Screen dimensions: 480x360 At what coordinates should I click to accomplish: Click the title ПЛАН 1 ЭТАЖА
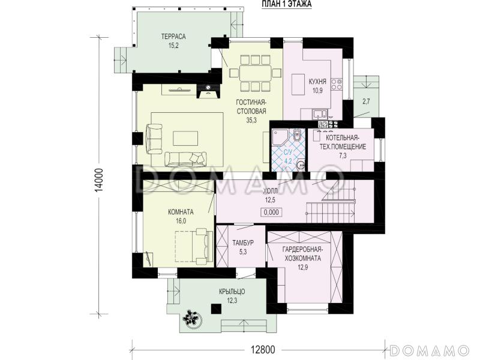[286, 4]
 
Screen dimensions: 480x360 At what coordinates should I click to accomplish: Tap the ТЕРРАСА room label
[173, 37]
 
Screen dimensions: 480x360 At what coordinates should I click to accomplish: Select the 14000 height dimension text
[99, 181]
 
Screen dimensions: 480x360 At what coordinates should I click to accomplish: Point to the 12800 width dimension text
[263, 349]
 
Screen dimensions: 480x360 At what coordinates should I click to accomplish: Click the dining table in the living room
[255, 73]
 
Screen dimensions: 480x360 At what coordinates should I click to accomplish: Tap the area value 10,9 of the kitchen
[317, 91]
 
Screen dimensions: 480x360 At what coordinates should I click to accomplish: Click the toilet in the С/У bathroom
[297, 136]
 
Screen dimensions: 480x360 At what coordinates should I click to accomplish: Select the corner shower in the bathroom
[280, 138]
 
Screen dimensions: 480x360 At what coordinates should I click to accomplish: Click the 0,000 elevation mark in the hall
[271, 212]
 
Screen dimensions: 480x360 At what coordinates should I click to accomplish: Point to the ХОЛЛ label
[271, 191]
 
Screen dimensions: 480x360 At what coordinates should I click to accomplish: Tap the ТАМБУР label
[243, 243]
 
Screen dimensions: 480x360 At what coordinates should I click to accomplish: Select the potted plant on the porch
[192, 319]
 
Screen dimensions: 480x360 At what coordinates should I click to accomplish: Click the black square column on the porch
[216, 308]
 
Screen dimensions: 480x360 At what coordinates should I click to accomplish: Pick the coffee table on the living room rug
[185, 139]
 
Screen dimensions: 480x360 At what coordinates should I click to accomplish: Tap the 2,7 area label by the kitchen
[366, 101]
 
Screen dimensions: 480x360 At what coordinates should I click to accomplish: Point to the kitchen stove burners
[337, 84]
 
